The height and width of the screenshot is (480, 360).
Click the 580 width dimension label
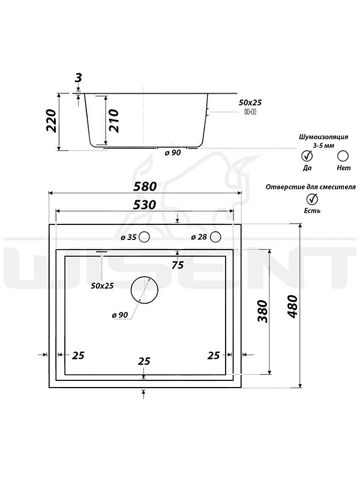[145, 187]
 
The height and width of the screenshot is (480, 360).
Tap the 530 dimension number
[145, 205]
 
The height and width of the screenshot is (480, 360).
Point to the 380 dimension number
[263, 311]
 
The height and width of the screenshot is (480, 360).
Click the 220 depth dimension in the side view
[52, 121]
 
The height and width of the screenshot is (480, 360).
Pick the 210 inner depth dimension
[113, 121]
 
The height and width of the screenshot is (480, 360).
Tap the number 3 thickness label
[79, 78]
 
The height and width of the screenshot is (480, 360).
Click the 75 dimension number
[178, 265]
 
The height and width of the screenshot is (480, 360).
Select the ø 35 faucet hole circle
[144, 236]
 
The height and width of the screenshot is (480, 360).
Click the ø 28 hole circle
[215, 236]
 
